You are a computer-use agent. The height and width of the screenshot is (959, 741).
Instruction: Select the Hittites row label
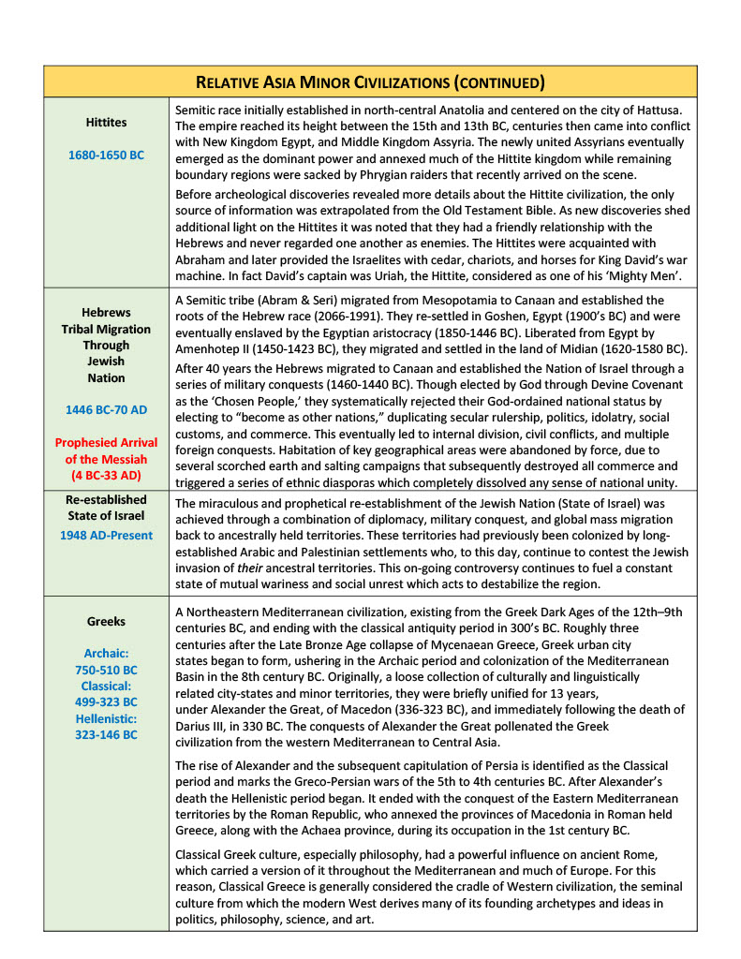pyautogui.click(x=106, y=122)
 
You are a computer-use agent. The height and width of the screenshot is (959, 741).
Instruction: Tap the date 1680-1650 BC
pyautogui.click(x=106, y=155)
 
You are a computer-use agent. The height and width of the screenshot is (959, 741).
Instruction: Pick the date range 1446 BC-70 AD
pyautogui.click(x=106, y=409)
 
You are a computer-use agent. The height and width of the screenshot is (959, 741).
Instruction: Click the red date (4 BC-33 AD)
pyautogui.click(x=106, y=475)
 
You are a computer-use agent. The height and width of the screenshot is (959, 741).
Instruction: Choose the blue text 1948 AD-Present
pyautogui.click(x=106, y=536)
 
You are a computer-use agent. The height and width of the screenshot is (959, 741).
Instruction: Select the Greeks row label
pyautogui.click(x=106, y=621)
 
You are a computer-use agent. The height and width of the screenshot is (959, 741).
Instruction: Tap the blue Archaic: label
pyautogui.click(x=106, y=654)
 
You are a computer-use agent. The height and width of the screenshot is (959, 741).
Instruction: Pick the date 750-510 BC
pyautogui.click(x=106, y=670)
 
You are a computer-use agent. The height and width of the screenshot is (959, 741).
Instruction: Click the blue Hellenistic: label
pyautogui.click(x=106, y=718)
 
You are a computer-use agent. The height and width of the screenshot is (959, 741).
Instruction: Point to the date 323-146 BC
pyautogui.click(x=106, y=734)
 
